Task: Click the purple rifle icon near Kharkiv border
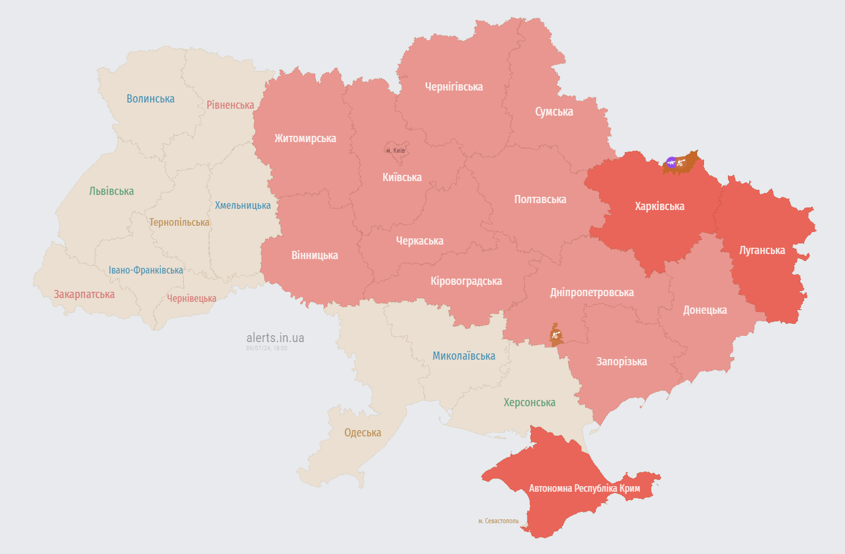coord(671,162)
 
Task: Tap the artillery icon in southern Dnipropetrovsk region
coord(555,336)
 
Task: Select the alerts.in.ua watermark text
coord(275,338)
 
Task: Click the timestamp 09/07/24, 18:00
coord(267,348)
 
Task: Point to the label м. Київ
coord(396,151)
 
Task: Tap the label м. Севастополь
coord(498,521)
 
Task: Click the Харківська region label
coord(659,206)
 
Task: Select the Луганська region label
coord(762,250)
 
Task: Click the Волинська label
coord(150,99)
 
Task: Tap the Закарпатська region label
coord(84,294)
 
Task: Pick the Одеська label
coord(362,433)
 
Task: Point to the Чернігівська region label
coord(454,87)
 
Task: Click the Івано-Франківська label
coord(146,270)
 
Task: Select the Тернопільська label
coord(179,222)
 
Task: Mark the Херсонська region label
coord(529,402)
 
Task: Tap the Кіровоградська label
coord(466,281)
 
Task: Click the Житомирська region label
coord(305,138)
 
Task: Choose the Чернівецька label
coord(191,298)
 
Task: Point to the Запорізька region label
coord(621,362)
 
